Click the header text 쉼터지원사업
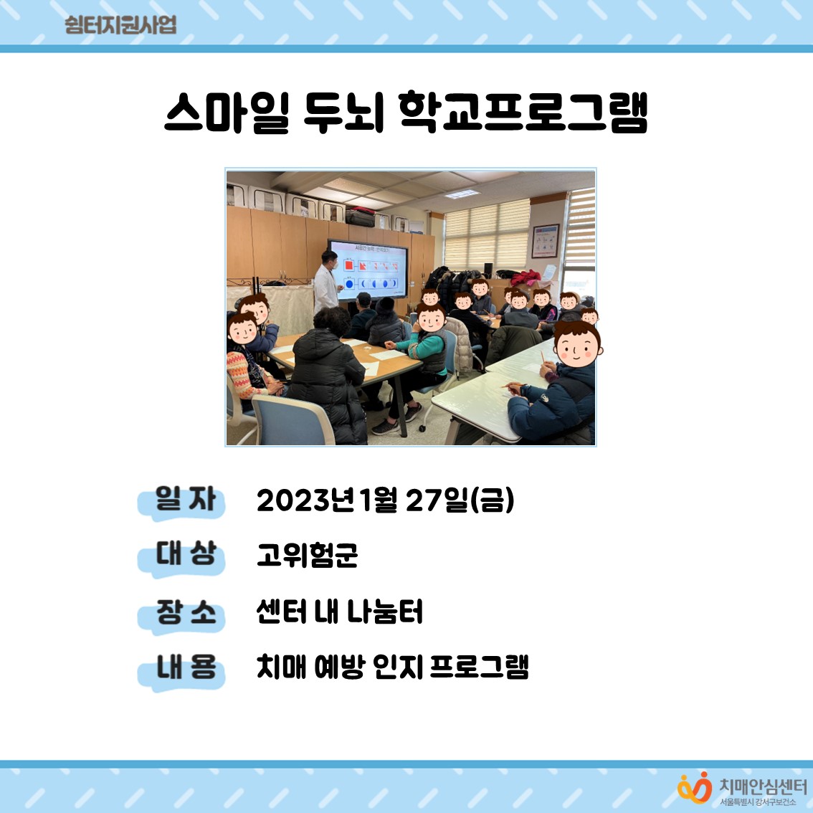click(120, 25)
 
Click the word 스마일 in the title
click(227, 113)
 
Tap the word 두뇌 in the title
click(343, 113)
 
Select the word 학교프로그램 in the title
click(523, 113)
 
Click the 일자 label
click(184, 499)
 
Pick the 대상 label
click(185, 553)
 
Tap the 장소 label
click(185, 612)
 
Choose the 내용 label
click(185, 667)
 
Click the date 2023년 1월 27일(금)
click(385, 500)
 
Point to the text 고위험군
click(307, 555)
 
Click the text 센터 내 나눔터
click(340, 612)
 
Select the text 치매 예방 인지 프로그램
click(392, 667)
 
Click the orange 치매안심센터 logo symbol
click(695, 788)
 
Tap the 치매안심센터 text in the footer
click(762, 786)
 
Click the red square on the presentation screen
click(348, 265)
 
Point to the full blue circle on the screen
click(349, 284)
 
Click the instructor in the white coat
click(327, 282)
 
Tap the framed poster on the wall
click(546, 241)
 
